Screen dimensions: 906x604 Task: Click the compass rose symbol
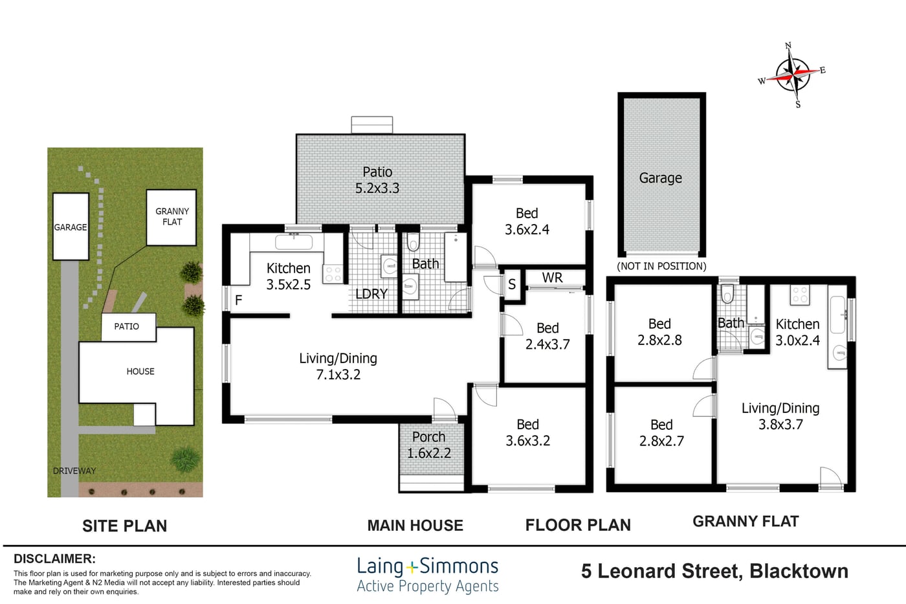pyautogui.click(x=793, y=75)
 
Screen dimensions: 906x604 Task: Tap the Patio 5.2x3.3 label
pyautogui.click(x=377, y=180)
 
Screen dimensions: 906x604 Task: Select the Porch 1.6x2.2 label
pyautogui.click(x=428, y=445)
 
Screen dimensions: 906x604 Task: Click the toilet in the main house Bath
pyautogui.click(x=413, y=241)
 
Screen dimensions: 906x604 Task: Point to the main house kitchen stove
pyautogui.click(x=333, y=273)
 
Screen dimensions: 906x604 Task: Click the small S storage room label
pyautogui.click(x=512, y=284)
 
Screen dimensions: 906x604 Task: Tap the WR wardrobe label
pyautogui.click(x=552, y=278)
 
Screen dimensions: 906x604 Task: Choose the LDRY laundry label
pyautogui.click(x=371, y=294)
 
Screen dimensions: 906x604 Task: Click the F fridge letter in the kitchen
pyautogui.click(x=239, y=300)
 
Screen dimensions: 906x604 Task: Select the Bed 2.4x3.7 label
pyautogui.click(x=547, y=336)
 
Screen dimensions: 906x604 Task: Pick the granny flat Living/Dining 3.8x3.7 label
pyautogui.click(x=780, y=416)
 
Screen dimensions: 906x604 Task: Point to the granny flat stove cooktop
pyautogui.click(x=800, y=295)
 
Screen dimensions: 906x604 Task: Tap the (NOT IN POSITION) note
pyautogui.click(x=661, y=266)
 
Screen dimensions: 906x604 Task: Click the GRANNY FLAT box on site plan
pyautogui.click(x=171, y=218)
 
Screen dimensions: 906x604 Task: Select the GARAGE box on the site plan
pyautogui.click(x=71, y=227)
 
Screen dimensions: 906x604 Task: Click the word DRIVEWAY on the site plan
pyautogui.click(x=74, y=471)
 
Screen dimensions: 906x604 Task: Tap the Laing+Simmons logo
pyautogui.click(x=428, y=576)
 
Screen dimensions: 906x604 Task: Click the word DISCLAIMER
pyautogui.click(x=54, y=559)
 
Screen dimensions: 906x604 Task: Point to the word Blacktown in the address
pyautogui.click(x=799, y=571)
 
